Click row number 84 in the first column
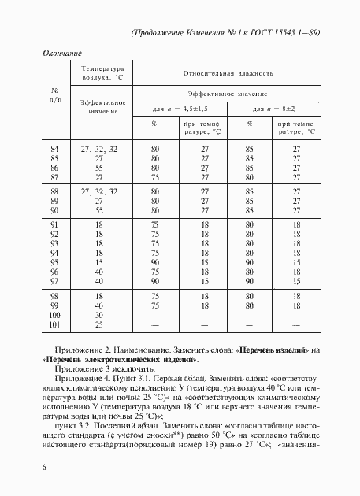pos(54,149)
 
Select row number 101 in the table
pos(54,324)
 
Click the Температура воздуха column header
pos(98,73)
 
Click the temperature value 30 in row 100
pos(99,315)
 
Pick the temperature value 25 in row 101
pos(99,324)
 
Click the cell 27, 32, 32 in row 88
pos(99,192)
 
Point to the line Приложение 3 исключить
pos(98,368)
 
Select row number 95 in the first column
pos(54,262)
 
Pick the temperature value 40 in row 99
pos(99,305)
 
